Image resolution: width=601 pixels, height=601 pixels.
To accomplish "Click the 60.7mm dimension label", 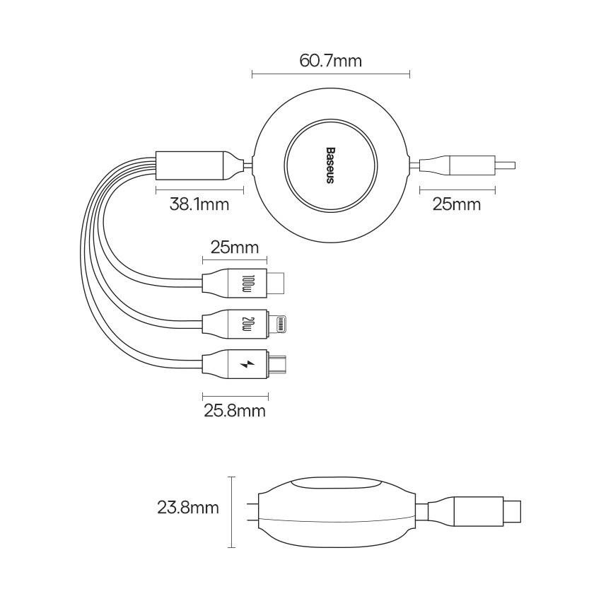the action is point(330,61).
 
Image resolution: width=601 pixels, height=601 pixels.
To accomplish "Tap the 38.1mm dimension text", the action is point(199,204).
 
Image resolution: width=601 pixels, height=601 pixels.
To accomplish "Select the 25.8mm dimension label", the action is point(235,411).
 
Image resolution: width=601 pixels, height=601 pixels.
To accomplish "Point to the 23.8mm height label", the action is point(188,508).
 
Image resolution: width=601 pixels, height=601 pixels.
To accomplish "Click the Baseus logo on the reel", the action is point(330,165).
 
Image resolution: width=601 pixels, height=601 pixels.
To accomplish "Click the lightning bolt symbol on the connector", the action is point(247,363).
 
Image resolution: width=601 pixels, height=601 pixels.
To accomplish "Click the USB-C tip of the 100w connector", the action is point(275,284).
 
